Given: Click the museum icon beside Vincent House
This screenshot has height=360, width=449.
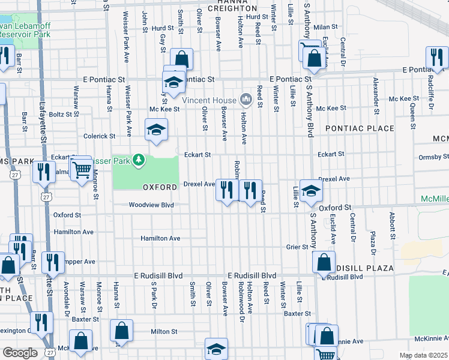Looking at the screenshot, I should click(245, 99).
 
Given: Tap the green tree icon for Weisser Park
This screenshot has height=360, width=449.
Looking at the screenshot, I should click(139, 159).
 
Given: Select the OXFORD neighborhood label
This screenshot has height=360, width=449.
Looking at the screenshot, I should click(160, 187).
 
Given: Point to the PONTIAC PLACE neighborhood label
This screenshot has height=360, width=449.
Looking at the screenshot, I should click(360, 128).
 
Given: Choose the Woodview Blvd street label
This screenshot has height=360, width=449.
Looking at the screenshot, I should click(151, 205).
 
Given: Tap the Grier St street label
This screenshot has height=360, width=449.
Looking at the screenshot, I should click(297, 247).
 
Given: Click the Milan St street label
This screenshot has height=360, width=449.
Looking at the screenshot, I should click(326, 27).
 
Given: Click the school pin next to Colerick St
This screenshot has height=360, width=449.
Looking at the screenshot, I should click(156, 130).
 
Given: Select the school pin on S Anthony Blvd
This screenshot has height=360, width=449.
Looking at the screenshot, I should click(311, 191).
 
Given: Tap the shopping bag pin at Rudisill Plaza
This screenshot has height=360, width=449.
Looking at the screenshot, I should click(324, 262).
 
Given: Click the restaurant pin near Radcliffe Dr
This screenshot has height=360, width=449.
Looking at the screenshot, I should click(436, 57).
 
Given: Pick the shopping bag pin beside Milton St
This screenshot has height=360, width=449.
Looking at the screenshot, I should click(121, 330).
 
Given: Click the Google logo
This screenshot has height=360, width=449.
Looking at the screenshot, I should click(19, 353).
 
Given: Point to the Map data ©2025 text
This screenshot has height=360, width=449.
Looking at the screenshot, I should click(422, 355).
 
